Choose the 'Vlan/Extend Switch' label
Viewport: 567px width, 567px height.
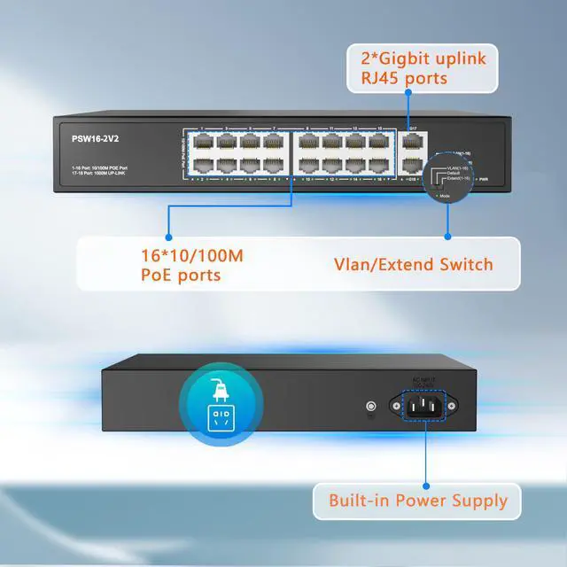coord(413,264)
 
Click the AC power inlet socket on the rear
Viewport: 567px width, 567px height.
coord(424,408)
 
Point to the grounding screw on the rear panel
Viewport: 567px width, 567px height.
coord(369,408)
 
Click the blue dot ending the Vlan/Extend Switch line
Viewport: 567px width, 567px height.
coord(447,237)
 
